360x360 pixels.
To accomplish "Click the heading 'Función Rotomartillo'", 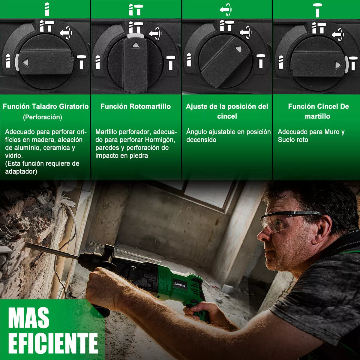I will coord(136,106).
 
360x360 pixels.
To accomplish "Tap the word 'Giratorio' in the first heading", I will coord(74,106).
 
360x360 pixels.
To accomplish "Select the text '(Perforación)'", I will coord(43,117).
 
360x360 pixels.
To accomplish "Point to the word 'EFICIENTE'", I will coord(53,343).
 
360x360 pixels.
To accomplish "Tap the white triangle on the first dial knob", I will coord(25,62).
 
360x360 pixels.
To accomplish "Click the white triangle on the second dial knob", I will coord(136,46).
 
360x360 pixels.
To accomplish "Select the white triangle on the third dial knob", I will coord(238,49).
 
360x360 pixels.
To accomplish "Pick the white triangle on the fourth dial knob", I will coord(338,65).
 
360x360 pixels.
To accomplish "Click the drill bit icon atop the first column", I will coord(46,9).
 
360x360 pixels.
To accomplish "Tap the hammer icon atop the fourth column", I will coord(317,10).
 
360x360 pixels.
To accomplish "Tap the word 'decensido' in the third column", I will coord(201,140).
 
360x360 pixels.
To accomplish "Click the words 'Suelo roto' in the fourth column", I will coord(293,140).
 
